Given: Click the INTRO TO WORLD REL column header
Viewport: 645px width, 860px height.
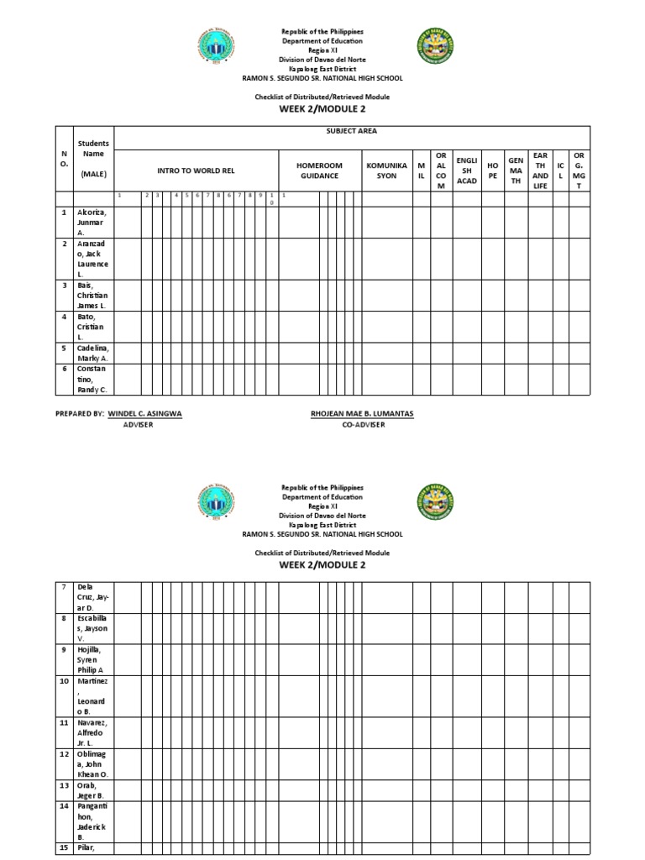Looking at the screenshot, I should (x=196, y=170).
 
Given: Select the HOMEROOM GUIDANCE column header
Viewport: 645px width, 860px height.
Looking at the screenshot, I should (x=319, y=170).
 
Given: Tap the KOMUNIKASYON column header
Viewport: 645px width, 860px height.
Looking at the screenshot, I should (x=386, y=170).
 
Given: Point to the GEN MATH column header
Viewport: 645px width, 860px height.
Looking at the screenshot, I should (x=516, y=170).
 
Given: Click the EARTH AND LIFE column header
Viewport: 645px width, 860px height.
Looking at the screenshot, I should (x=540, y=170).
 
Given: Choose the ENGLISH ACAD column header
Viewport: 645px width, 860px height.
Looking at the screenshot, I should (x=466, y=170).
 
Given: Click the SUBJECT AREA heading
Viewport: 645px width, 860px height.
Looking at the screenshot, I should (x=351, y=132).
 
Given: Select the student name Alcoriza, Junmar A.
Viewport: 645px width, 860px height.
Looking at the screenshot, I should (x=93, y=222).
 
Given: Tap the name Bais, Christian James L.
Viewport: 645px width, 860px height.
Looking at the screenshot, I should (x=93, y=296).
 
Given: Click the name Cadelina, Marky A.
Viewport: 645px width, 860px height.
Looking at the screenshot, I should (x=93, y=352).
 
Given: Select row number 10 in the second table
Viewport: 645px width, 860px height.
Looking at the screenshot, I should (x=64, y=681).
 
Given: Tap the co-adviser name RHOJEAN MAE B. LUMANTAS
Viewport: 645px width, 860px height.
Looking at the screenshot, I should (x=362, y=414).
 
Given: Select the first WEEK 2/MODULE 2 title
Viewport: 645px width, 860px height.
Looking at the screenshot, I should (x=322, y=109).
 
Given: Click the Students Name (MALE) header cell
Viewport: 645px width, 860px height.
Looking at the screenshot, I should (x=93, y=159).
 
